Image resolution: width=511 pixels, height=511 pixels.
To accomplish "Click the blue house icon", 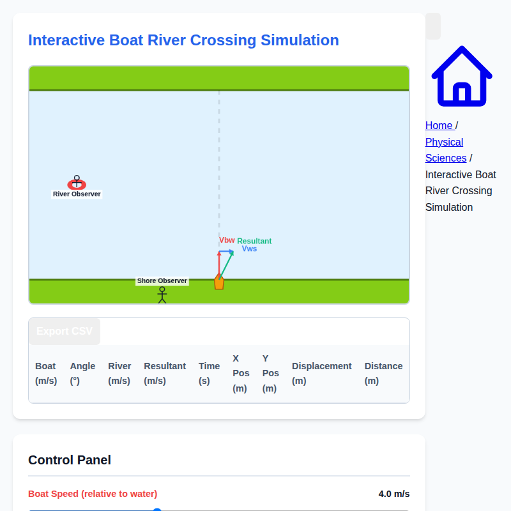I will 461,76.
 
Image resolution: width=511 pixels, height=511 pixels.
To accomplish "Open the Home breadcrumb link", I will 439,125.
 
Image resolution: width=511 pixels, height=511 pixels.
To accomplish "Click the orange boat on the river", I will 219,282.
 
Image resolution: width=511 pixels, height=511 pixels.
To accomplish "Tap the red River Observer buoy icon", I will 77,184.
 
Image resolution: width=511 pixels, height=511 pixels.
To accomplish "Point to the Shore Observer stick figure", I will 162,294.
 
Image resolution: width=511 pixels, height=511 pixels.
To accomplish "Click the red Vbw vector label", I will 227,240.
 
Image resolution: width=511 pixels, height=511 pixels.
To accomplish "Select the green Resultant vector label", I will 254,241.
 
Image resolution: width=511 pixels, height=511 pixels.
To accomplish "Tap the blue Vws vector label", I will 249,248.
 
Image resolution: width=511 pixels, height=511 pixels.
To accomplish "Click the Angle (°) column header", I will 82,373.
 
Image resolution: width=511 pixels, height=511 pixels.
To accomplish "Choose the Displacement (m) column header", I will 321,373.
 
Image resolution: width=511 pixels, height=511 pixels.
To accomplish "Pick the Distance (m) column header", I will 383,373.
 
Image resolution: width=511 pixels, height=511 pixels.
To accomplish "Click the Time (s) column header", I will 209,373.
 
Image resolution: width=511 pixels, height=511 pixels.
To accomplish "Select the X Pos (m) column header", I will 240,373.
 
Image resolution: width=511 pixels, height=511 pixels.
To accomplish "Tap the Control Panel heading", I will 70,460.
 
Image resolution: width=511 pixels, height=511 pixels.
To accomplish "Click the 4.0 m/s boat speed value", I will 393,494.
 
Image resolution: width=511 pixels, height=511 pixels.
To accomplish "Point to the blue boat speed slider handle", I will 157,510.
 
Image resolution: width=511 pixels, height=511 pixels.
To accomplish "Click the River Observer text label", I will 77,194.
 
